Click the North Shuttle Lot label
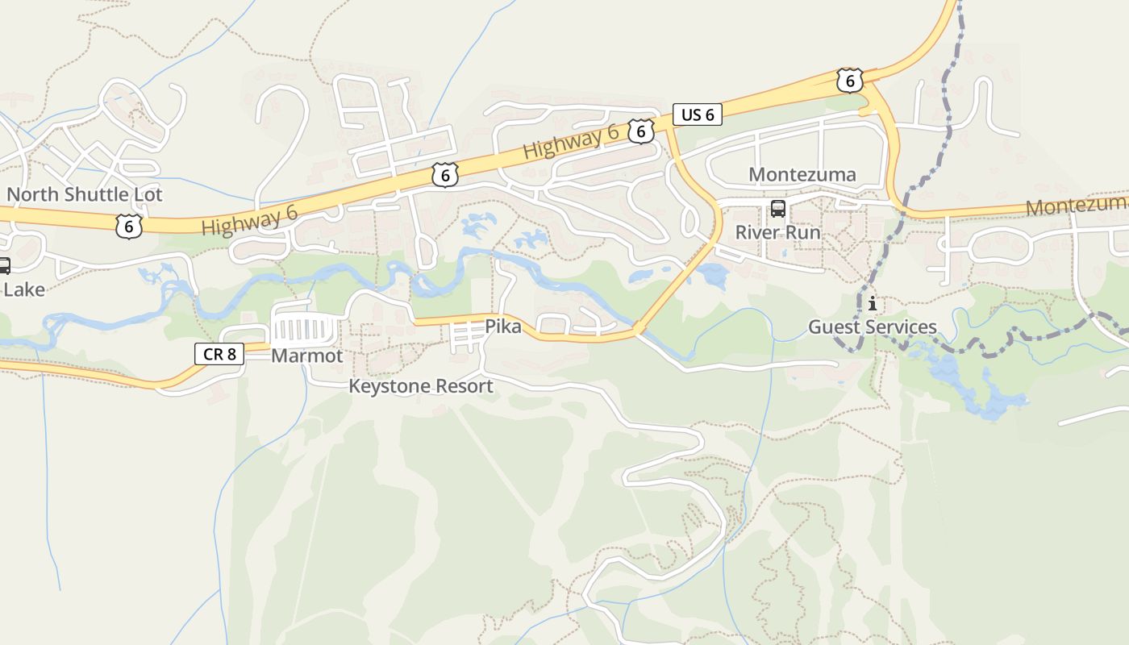point(85,194)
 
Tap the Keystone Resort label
point(420,386)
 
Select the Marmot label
point(306,356)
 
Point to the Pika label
point(502,327)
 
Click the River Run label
point(777,233)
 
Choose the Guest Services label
point(873,327)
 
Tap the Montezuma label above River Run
point(802,175)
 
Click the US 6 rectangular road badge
point(698,114)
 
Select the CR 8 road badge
point(219,353)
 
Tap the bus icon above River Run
point(777,209)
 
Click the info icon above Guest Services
point(872,304)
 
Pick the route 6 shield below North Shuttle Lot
point(128,226)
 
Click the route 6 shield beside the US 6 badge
point(640,131)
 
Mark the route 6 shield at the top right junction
point(849,81)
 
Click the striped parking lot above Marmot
point(304,330)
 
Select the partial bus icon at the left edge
point(4,265)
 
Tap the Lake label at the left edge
point(23,289)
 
